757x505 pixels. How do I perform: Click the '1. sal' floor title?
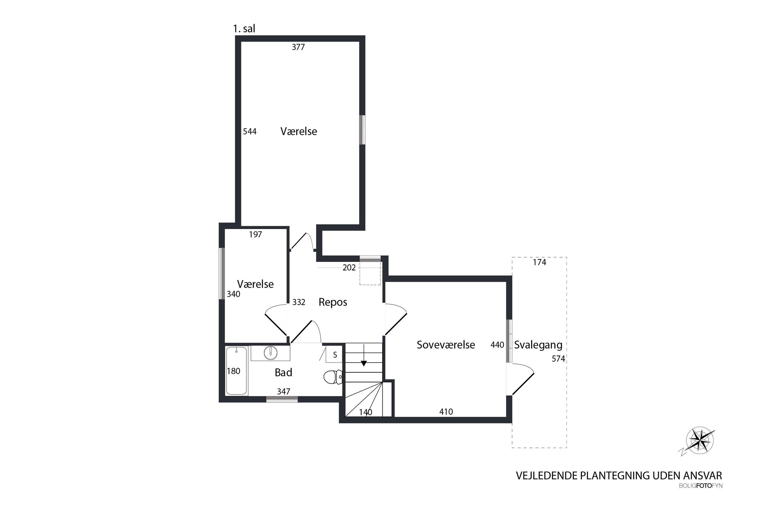(244, 29)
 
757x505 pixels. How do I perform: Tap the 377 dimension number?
(298, 47)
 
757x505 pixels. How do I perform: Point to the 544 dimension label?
(250, 131)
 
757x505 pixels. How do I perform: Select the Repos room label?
(333, 302)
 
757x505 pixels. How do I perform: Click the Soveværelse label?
(445, 345)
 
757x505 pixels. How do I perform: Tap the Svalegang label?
(538, 345)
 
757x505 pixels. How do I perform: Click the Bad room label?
(283, 373)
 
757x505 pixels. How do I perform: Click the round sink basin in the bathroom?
(270, 353)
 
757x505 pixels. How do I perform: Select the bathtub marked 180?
(236, 371)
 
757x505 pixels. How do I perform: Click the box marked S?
(335, 355)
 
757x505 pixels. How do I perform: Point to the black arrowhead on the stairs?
(364, 364)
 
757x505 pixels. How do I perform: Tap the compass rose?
(700, 441)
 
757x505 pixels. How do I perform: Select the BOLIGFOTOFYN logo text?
(701, 486)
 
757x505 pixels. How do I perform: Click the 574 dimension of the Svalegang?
(558, 359)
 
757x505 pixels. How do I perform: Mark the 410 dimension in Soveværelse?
(446, 411)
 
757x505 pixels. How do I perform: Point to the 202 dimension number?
(349, 268)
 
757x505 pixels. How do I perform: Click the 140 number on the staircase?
(365, 412)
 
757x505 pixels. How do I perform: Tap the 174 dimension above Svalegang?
(540, 263)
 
